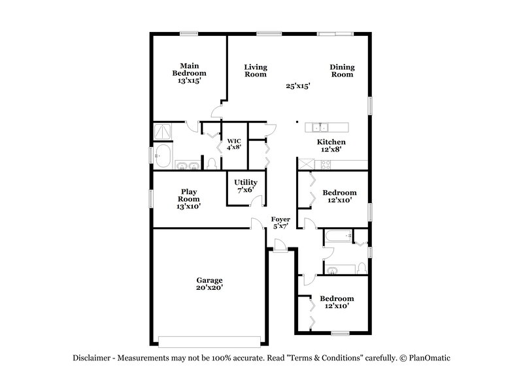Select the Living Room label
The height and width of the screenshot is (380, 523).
tap(256, 70)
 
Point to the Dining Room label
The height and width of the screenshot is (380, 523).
tap(341, 70)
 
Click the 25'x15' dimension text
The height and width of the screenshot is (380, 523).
tap(297, 86)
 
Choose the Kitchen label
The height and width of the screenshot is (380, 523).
tap(331, 142)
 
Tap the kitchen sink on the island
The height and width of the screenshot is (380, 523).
tap(320, 127)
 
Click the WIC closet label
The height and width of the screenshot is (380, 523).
tap(234, 144)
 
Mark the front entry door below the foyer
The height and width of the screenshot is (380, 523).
tap(279, 245)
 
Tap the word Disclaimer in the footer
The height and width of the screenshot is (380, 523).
tap(92, 358)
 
